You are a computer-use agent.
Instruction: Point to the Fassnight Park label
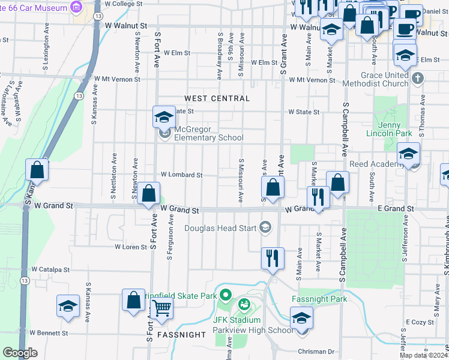319,299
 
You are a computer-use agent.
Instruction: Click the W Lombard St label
181,175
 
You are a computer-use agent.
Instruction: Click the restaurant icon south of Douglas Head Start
273,259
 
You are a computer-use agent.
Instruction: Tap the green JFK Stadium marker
244,305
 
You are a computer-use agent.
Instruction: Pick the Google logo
20,353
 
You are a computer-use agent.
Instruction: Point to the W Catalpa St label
51,270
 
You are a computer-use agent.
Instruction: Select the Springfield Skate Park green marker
226,295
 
